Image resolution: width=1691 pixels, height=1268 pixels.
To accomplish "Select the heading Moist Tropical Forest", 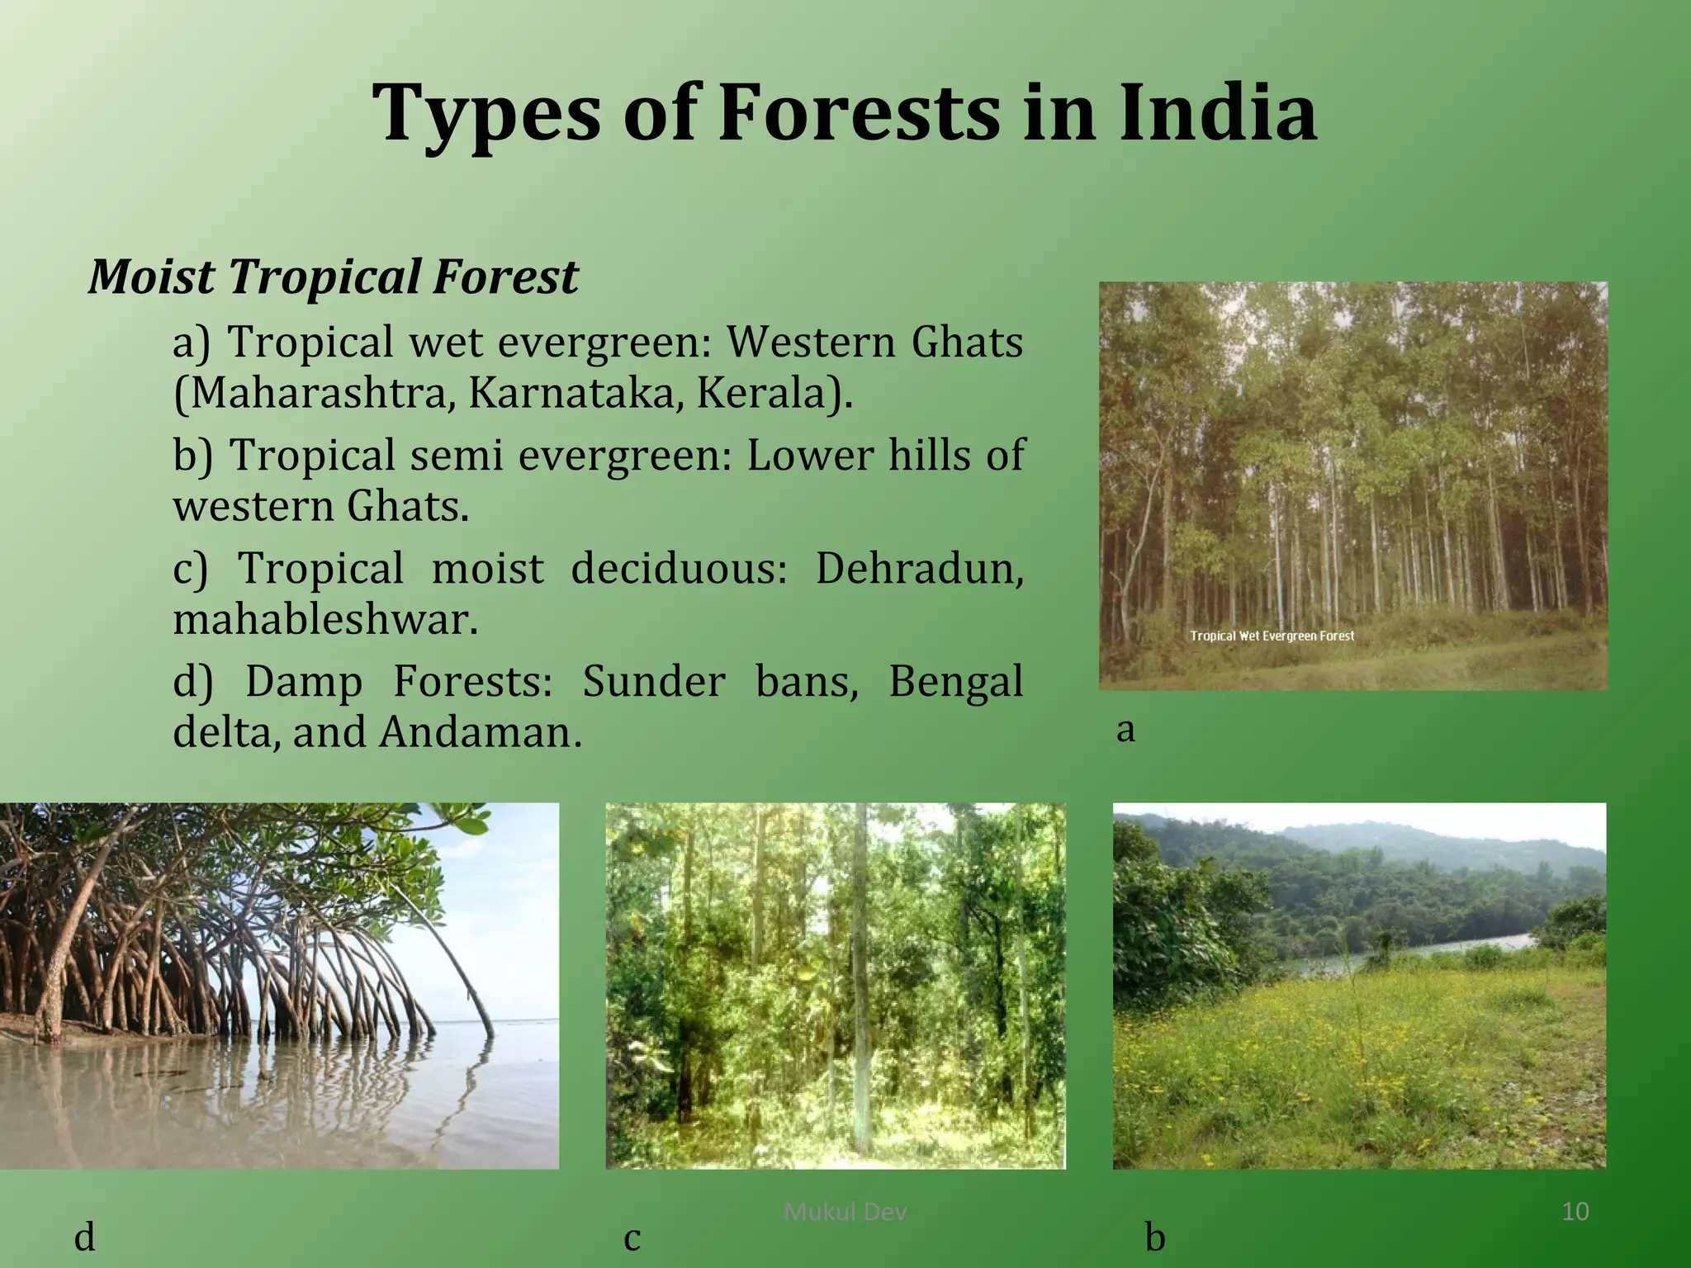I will pos(333,276).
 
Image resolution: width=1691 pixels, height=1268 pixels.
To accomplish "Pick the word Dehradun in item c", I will pos(918,569).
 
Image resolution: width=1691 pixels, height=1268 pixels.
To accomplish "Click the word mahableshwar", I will pos(325,619).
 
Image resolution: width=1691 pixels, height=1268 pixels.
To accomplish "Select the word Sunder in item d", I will pos(653,682).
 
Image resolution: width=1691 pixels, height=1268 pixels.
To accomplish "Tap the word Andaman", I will pos(479,732).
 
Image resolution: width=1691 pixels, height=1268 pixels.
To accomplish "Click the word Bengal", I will pos(955,682).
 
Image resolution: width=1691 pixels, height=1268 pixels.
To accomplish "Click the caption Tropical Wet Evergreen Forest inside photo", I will pos(1272,636).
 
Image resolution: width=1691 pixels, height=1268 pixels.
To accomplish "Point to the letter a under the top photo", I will pos(1125,730).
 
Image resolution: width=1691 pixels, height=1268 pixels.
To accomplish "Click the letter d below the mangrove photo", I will pos(84,1237).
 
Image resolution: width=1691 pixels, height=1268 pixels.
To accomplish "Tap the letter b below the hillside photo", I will pos(1155,1237).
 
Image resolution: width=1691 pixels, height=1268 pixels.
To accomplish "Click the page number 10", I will pos(1575,1212).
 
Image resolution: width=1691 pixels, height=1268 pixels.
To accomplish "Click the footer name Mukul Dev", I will pos(845,1212).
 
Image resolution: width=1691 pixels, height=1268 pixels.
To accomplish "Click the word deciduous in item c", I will pos(679,569).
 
